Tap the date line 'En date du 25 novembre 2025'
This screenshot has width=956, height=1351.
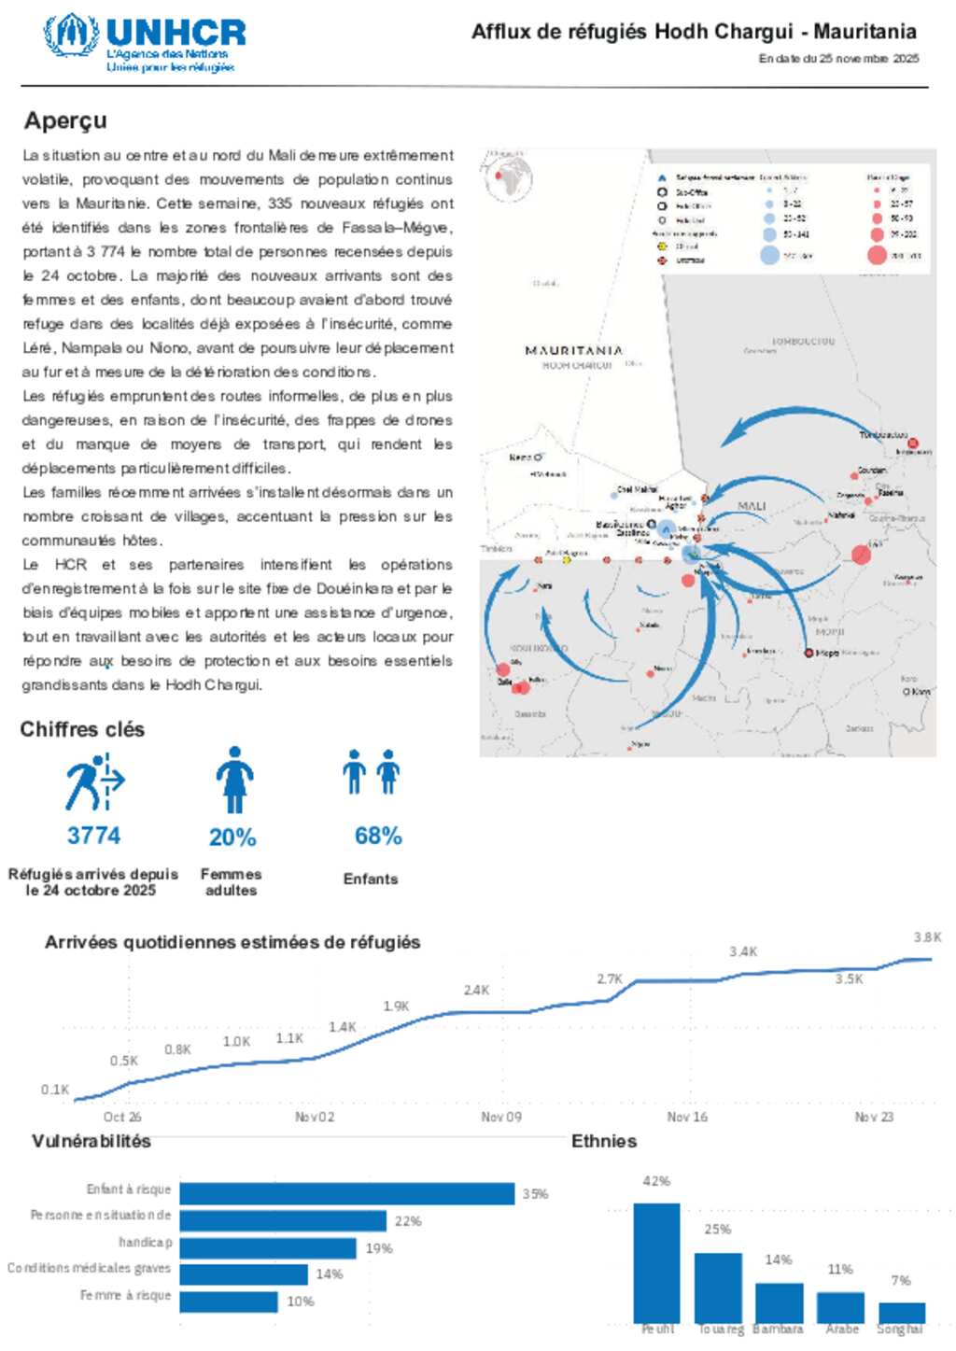click(x=838, y=59)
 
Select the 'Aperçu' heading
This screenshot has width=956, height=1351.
click(x=65, y=120)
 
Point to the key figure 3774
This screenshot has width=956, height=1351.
click(x=93, y=835)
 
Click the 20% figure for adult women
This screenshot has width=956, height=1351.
click(x=232, y=837)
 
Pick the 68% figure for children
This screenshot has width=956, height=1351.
click(x=378, y=836)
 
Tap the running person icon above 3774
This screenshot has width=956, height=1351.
click(x=93, y=782)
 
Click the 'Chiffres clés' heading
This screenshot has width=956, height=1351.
click(x=82, y=729)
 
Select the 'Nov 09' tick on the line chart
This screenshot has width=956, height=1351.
click(x=501, y=1117)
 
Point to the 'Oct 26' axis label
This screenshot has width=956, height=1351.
click(x=122, y=1117)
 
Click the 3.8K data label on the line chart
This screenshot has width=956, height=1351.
click(x=927, y=937)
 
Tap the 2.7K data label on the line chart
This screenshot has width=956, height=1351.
click(x=610, y=978)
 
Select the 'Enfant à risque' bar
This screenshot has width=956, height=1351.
click(x=346, y=1193)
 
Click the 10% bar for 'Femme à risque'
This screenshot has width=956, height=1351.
click(x=229, y=1302)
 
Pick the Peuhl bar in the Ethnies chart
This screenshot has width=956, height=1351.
click(x=656, y=1261)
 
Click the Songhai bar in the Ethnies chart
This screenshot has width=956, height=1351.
click(x=901, y=1312)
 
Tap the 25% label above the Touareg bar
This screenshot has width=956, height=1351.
click(x=717, y=1230)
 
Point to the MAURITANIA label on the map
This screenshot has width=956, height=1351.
click(x=573, y=350)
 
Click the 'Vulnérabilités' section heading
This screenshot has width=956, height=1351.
click(x=91, y=1141)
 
